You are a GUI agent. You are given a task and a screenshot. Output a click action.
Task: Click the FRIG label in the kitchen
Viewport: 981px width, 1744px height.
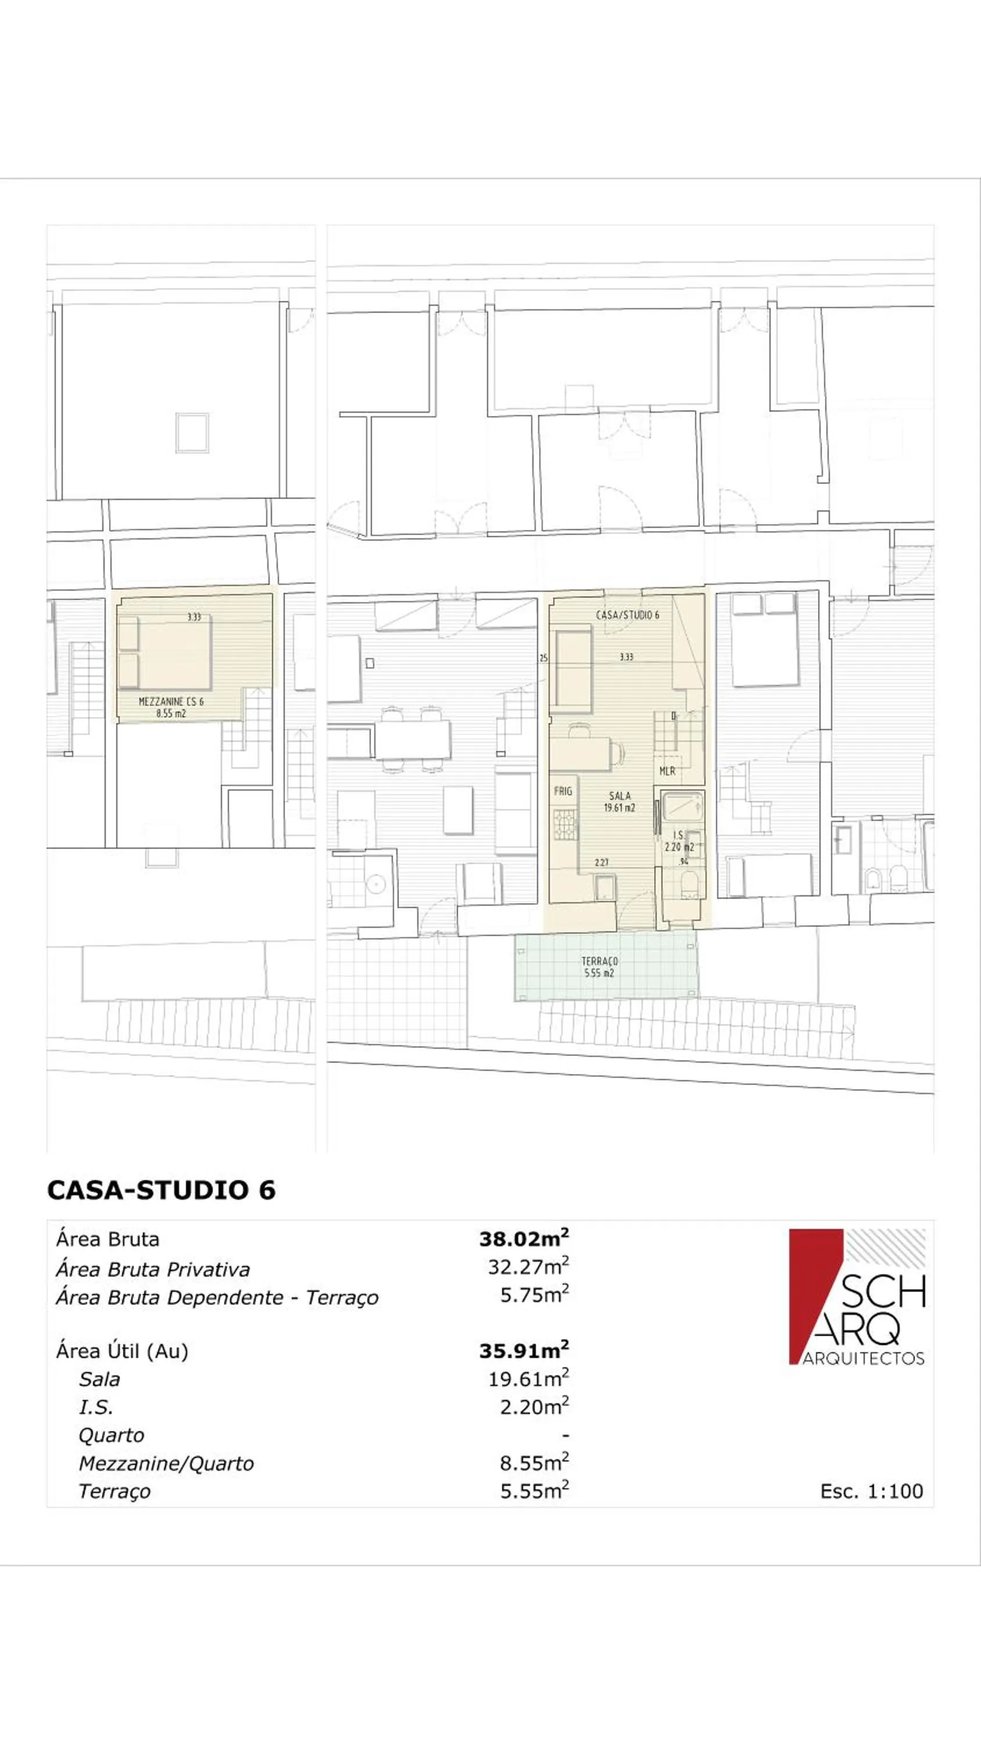click(563, 791)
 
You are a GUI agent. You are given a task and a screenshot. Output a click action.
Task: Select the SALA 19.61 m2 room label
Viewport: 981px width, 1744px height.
click(620, 802)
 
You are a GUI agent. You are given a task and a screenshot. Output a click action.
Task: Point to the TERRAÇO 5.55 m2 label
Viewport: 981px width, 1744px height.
click(599, 967)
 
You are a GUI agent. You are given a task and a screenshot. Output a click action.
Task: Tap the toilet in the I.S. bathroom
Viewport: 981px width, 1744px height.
click(689, 884)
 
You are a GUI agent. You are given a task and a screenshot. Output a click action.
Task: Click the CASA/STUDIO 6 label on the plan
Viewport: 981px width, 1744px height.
click(627, 614)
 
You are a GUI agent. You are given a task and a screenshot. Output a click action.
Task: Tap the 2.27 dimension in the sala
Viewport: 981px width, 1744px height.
click(601, 863)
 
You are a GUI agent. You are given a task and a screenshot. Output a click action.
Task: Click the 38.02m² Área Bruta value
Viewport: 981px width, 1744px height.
click(523, 1239)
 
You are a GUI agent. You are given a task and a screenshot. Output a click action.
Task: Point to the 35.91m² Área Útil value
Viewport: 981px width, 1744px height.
click(523, 1350)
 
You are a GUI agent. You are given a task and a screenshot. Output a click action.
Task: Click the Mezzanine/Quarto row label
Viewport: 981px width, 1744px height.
click(166, 1463)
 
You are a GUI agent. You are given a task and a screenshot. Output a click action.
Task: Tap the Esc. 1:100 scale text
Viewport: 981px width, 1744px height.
click(871, 1491)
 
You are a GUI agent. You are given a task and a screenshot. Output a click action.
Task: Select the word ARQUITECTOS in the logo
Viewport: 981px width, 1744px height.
click(863, 1359)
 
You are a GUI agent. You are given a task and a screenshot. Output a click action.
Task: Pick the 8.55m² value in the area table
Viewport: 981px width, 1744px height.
click(534, 1463)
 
